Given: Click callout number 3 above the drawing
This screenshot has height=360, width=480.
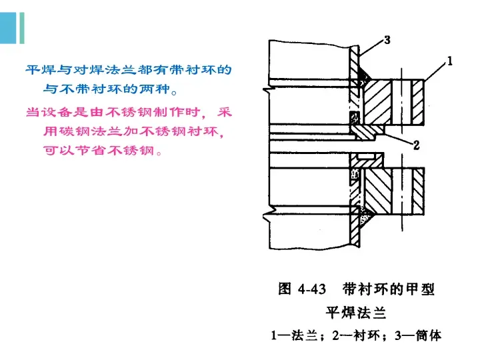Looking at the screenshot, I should (387, 41).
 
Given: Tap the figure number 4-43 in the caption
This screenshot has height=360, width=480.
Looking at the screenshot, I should (311, 289).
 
